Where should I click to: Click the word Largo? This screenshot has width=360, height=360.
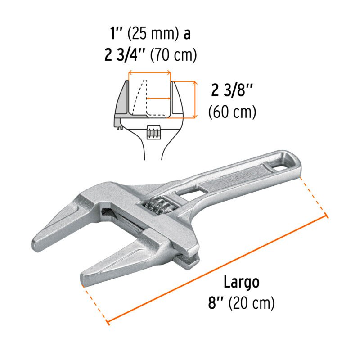tap(242, 283)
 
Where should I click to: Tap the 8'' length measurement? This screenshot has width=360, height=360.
tap(216, 303)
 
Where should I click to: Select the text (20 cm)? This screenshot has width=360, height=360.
tap(252, 303)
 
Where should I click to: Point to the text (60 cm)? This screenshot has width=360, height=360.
tap(232, 112)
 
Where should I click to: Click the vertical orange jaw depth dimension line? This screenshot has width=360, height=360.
tap(195, 99)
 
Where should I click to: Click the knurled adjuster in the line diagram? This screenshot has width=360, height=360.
tap(153, 132)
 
